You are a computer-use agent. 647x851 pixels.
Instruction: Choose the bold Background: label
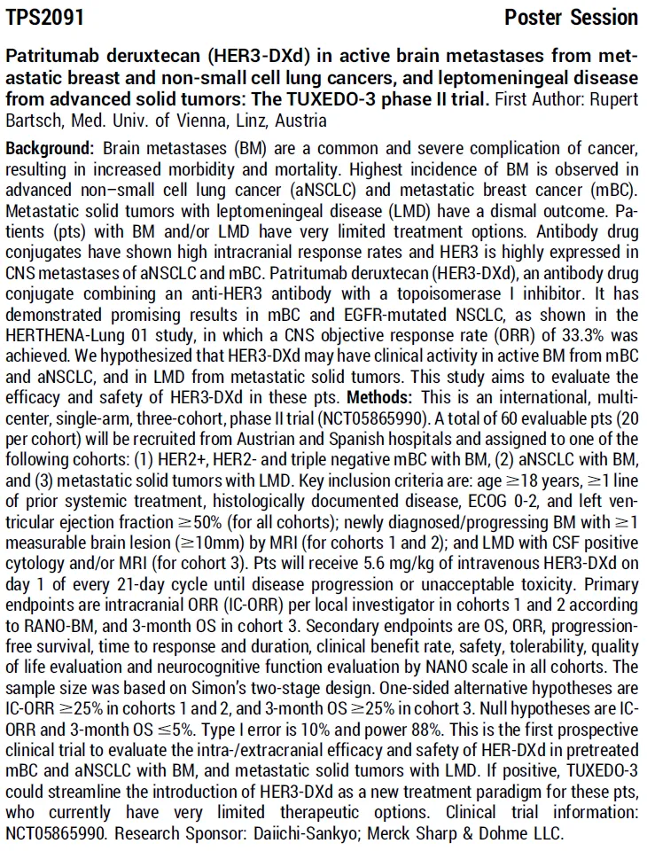(x=51, y=145)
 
